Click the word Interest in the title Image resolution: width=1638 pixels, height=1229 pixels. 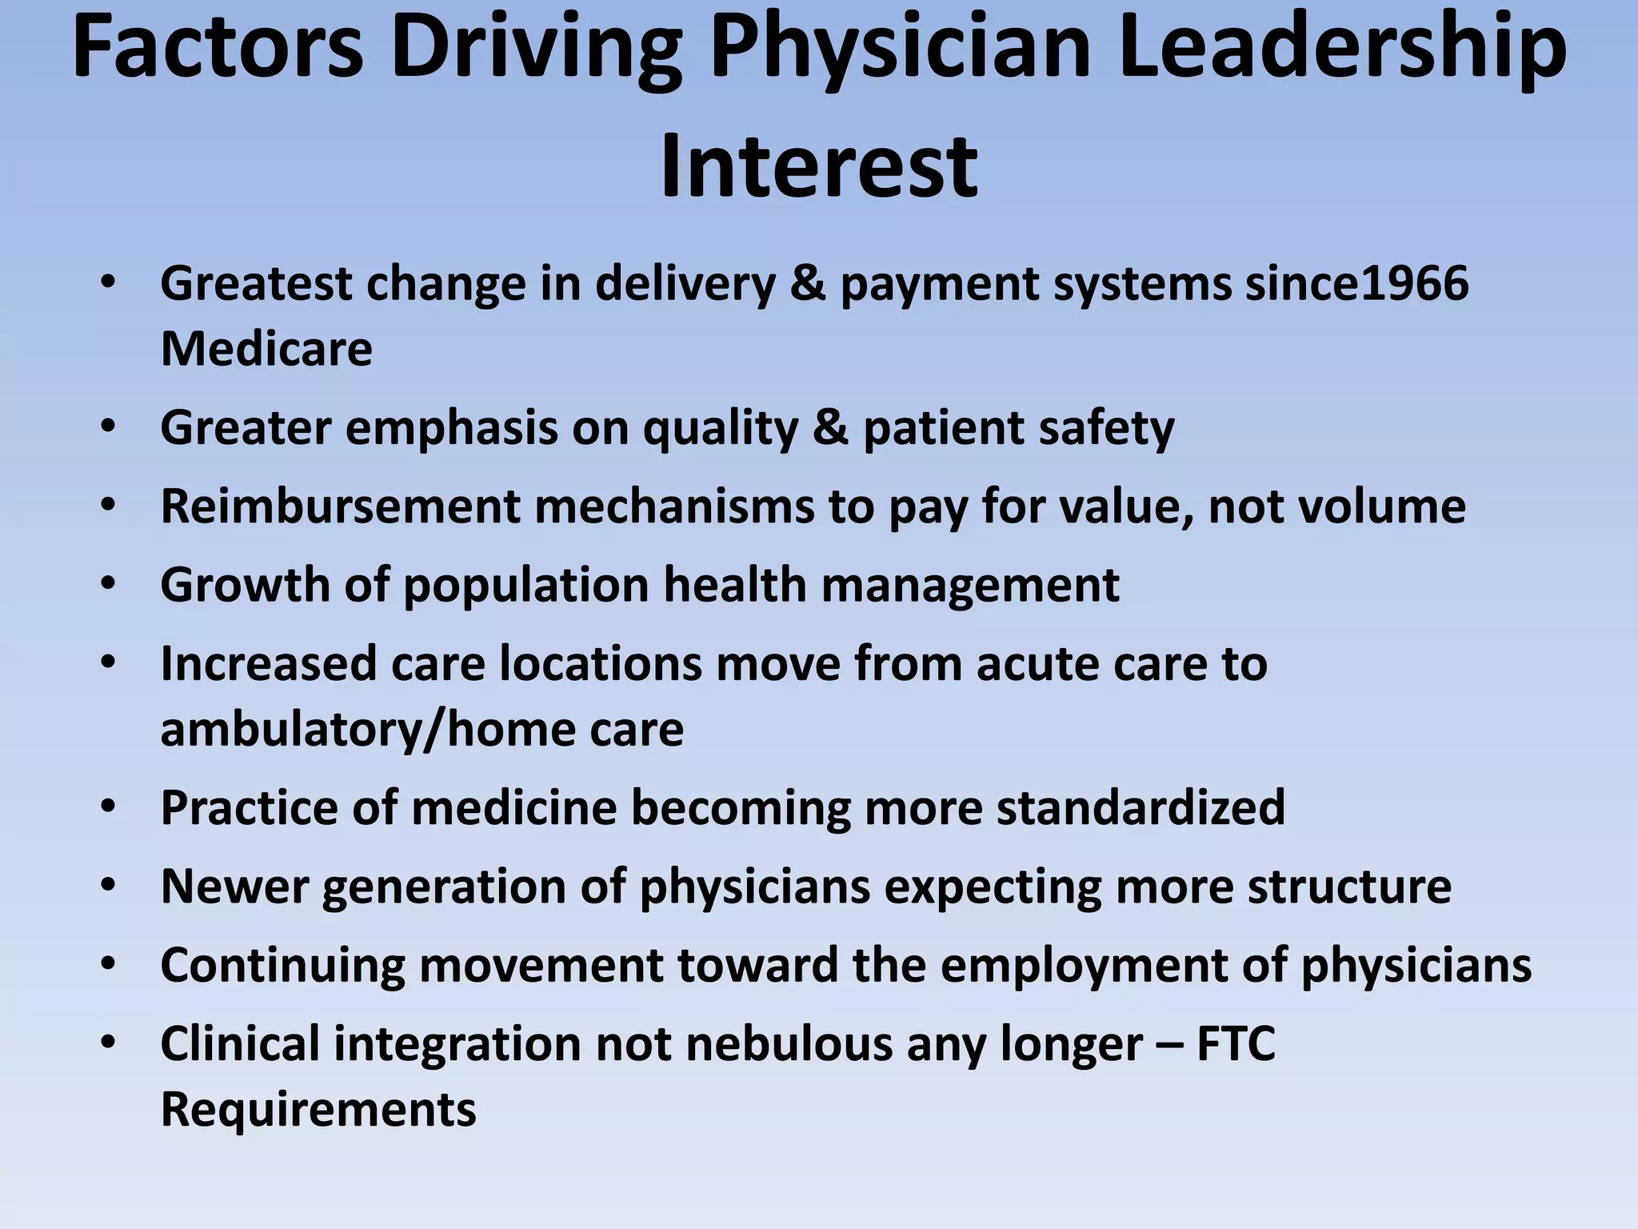click(x=818, y=166)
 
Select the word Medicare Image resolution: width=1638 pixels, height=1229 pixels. click(x=266, y=349)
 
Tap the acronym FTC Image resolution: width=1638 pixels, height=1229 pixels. click(x=1236, y=1044)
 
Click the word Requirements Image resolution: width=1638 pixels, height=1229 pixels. click(x=318, y=1110)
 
